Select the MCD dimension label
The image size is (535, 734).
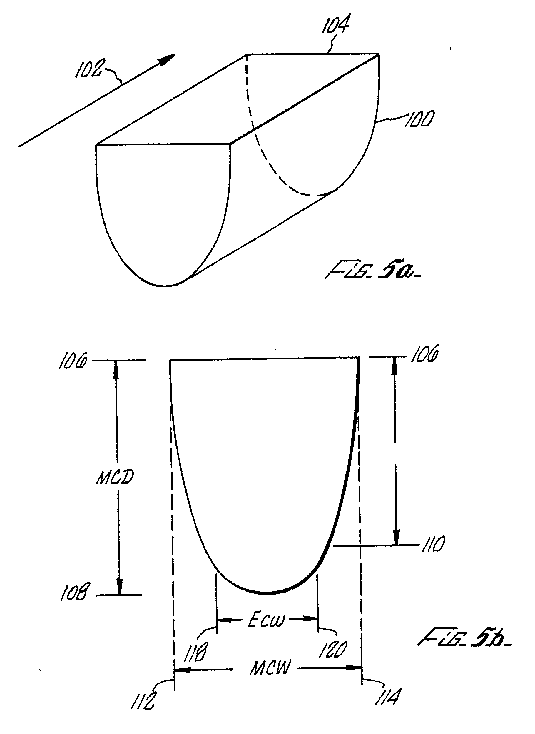pos(115,478)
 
